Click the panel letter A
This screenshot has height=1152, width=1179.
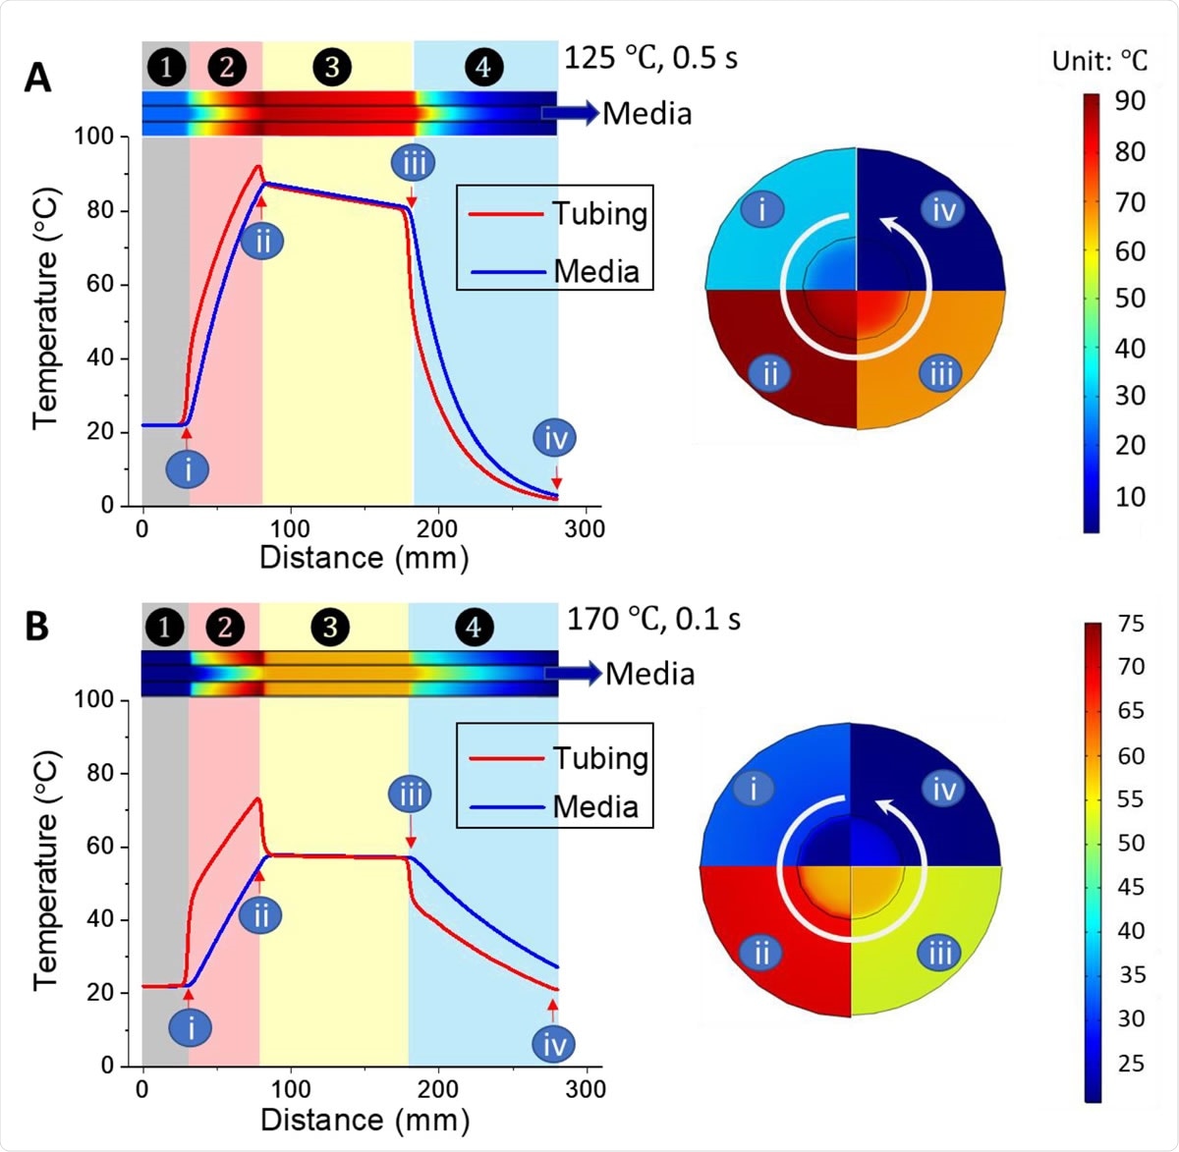tap(37, 77)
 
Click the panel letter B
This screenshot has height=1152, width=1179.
tap(37, 626)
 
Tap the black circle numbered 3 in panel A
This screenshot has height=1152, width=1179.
tap(332, 67)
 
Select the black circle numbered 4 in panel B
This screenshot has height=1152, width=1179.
tap(475, 627)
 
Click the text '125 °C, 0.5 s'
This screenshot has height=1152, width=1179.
tap(650, 58)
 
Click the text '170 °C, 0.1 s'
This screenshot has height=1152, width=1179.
tap(653, 619)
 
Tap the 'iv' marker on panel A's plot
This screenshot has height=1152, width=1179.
tap(555, 438)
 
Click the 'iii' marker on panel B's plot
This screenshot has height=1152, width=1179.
tap(410, 794)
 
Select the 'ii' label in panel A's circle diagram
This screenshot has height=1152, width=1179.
tap(769, 373)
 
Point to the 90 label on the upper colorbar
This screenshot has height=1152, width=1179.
tap(1130, 101)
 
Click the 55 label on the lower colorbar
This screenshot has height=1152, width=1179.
tap(1130, 798)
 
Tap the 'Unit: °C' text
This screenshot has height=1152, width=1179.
tap(1098, 61)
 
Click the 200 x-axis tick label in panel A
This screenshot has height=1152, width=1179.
tap(436, 528)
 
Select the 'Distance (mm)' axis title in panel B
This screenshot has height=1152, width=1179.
tap(365, 1119)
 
